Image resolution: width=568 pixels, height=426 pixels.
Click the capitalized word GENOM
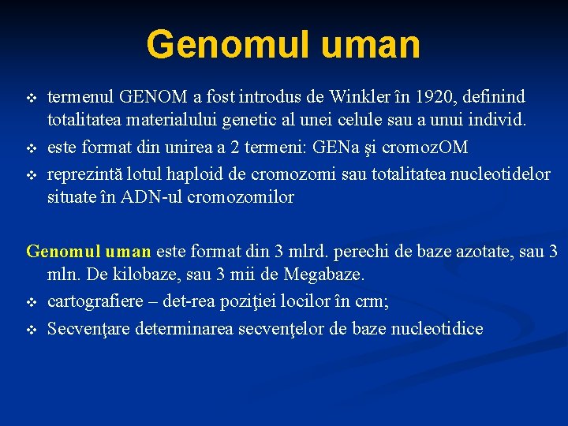[148, 97]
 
